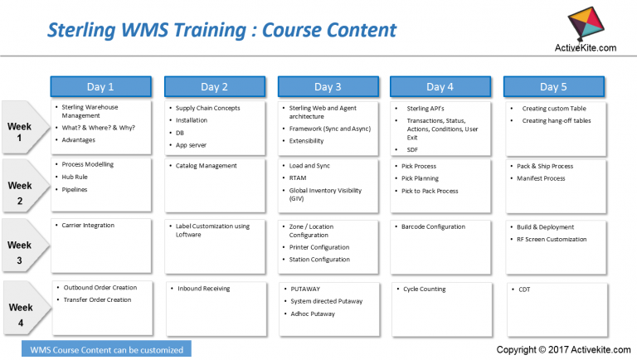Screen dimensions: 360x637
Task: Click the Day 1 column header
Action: coord(100,86)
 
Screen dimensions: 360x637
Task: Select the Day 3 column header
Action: coord(327,86)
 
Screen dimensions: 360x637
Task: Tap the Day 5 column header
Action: coord(554,86)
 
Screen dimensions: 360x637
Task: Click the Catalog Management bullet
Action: coord(207,166)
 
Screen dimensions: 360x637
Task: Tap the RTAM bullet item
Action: coord(298,178)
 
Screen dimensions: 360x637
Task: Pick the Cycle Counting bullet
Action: coord(424,289)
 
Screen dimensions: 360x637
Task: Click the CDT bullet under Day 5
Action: coord(524,289)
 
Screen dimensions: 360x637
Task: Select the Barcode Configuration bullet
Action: coord(433,226)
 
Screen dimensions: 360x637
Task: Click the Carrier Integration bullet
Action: coord(88,226)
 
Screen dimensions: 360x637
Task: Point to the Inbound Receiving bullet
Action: coord(203,289)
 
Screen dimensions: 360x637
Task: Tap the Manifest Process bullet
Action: coord(541,178)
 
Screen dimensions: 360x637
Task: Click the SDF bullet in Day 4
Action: coord(412,149)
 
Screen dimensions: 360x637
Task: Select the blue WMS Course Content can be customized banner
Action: coord(106,349)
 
